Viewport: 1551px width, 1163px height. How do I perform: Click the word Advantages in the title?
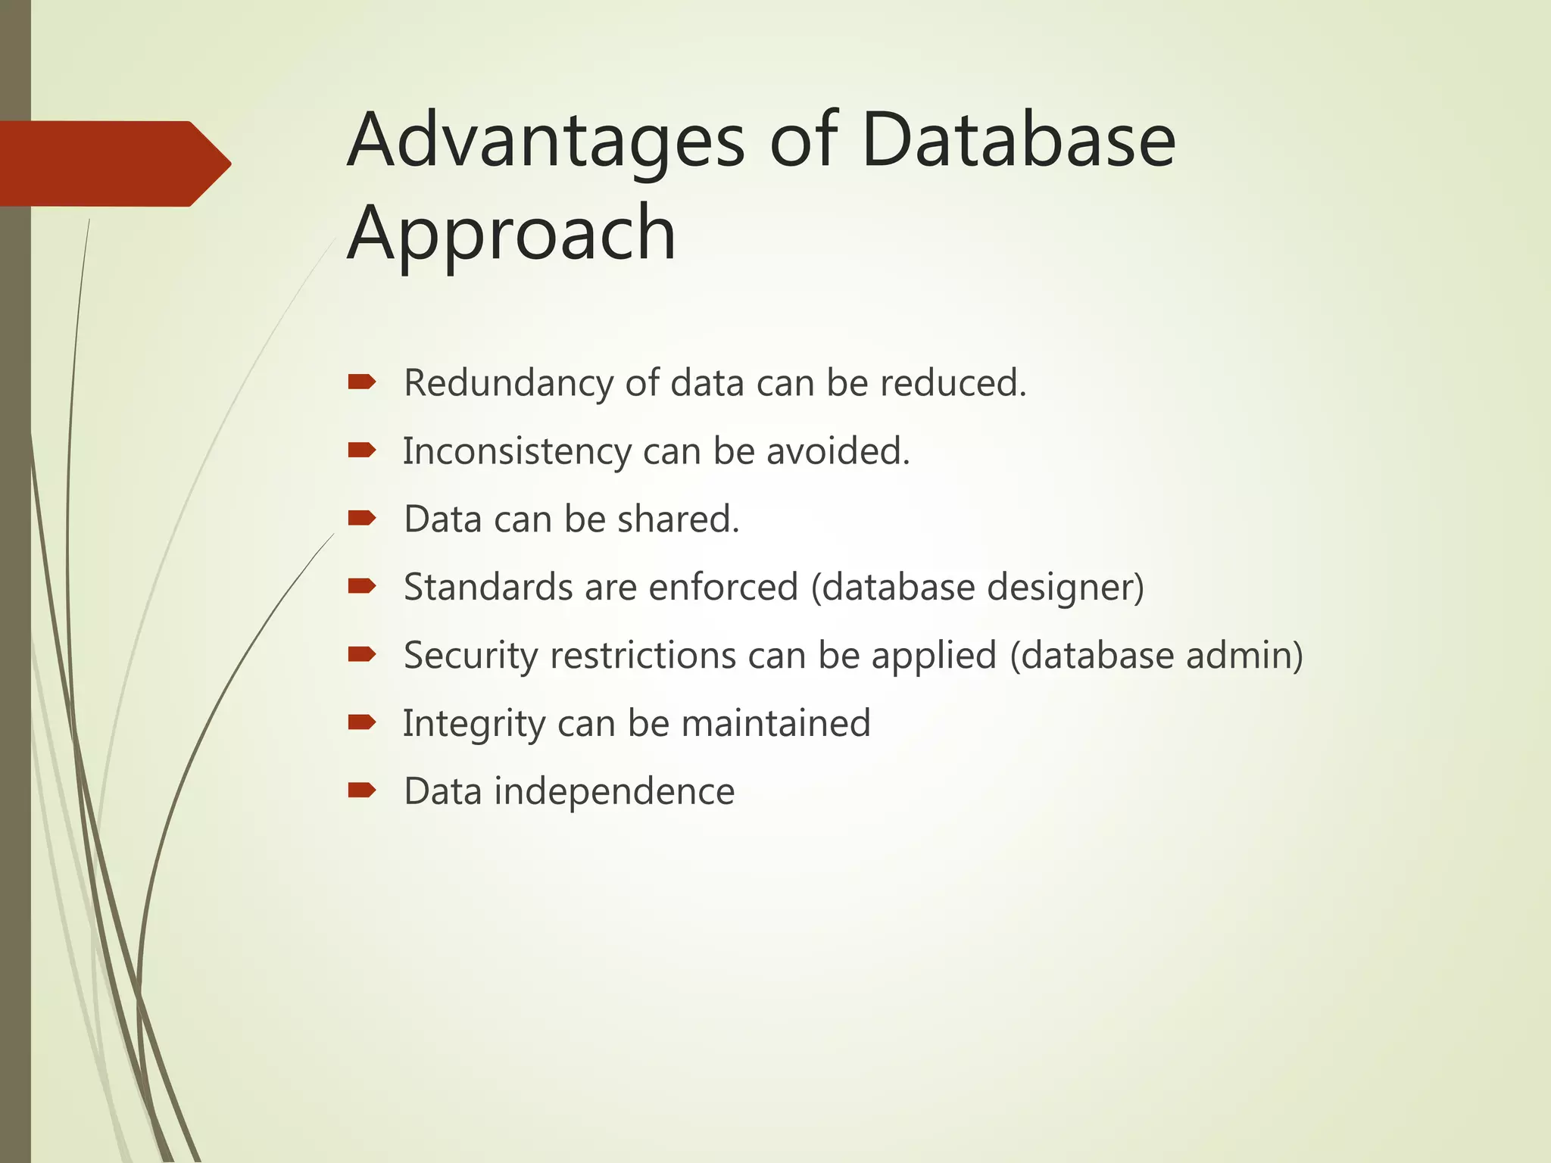(545, 142)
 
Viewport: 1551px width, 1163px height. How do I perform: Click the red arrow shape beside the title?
(114, 164)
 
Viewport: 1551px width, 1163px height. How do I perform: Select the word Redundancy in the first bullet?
(507, 383)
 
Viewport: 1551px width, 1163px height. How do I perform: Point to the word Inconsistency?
(516, 452)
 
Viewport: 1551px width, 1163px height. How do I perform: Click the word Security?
(470, 656)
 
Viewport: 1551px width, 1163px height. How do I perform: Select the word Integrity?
(473, 724)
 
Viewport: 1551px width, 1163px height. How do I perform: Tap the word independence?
(613, 792)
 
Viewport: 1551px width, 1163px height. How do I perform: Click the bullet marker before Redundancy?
(362, 382)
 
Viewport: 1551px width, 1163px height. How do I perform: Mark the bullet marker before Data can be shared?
(362, 518)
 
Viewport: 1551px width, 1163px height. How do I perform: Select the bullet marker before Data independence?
(362, 790)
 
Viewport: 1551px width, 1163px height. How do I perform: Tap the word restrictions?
(643, 656)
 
